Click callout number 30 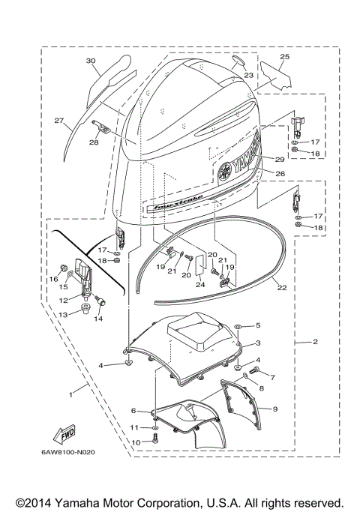tap(91, 61)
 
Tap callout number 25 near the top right tap(284, 57)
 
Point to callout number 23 tap(248, 75)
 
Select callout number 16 tap(53, 278)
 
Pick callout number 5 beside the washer tap(258, 325)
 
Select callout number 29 tap(280, 159)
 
